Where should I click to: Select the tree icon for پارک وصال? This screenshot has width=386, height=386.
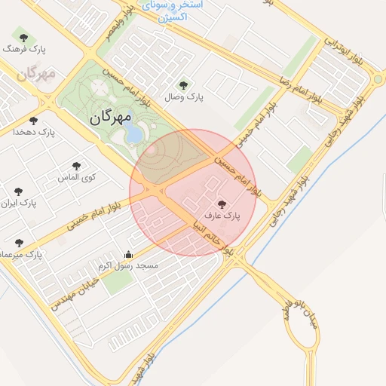coord(182,85)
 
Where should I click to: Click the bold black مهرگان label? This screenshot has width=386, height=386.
coord(110,118)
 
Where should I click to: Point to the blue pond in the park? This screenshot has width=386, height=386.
coord(134,133)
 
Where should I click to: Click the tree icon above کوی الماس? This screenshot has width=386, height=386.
coord(76,166)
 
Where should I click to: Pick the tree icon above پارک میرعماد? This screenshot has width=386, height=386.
coord(19,243)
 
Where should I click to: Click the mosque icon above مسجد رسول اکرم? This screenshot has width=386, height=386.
coord(128,255)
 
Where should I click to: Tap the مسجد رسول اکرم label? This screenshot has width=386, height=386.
coord(127,266)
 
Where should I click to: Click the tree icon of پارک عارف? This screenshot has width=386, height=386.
coord(221,204)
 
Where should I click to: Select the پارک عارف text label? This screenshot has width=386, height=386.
coord(222,216)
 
